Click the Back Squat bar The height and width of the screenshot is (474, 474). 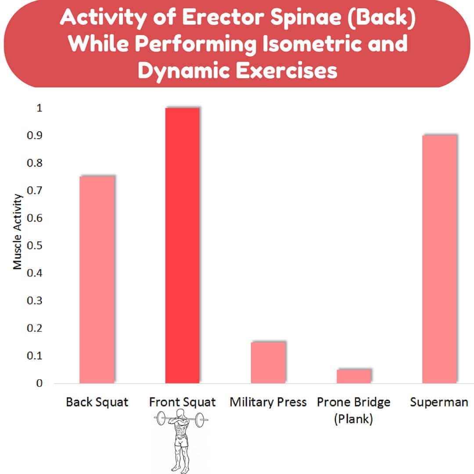coord(97,279)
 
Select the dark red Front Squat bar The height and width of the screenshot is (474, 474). coord(183,245)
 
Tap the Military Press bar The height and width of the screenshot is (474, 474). coord(269,363)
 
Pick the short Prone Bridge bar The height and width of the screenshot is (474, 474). coord(354,376)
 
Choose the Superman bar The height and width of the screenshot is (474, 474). coord(440,259)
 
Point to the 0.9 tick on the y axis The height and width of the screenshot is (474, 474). coord(35,136)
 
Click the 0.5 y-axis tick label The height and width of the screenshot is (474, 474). coord(35,245)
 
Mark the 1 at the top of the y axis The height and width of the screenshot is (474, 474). coord(39,108)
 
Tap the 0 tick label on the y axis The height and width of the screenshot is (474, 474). coord(39,383)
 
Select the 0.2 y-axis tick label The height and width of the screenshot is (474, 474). coord(35,328)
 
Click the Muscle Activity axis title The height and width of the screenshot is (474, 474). coord(17,232)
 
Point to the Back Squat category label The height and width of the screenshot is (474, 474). coord(97,402)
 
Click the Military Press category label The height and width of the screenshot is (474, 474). coord(268,402)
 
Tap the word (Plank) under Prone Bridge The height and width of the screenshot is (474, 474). coord(354,419)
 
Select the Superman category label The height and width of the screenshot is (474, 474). coord(439,402)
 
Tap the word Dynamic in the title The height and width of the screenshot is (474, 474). coord(184,71)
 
